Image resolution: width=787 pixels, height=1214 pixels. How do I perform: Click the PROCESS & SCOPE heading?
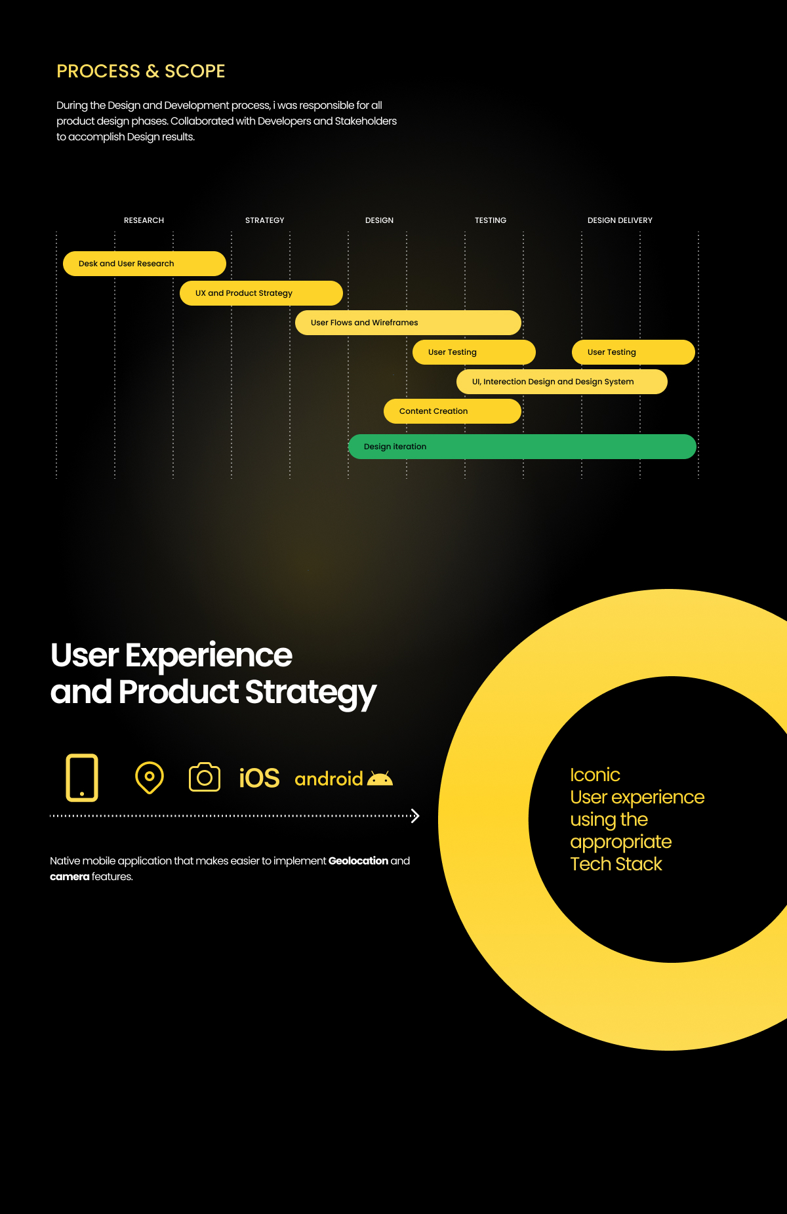click(x=141, y=71)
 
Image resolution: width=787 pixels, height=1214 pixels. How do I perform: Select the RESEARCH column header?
click(x=144, y=220)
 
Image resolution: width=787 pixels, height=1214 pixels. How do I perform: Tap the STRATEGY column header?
click(x=265, y=220)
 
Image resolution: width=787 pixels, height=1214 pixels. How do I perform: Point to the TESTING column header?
click(x=491, y=220)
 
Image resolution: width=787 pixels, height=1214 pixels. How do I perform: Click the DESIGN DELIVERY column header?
click(x=620, y=220)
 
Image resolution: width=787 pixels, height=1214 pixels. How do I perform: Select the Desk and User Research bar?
click(x=144, y=264)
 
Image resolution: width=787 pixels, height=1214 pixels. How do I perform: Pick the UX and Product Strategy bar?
click(x=261, y=293)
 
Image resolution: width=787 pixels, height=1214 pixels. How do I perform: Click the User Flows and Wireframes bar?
click(x=408, y=323)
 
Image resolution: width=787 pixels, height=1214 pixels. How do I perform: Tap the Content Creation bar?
click(x=453, y=411)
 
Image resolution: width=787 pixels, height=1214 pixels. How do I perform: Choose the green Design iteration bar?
click(x=522, y=447)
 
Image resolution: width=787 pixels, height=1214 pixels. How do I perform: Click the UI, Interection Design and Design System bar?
click(x=562, y=382)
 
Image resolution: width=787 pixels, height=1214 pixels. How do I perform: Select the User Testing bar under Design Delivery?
click(x=634, y=352)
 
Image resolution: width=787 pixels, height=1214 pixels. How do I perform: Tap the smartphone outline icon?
click(x=82, y=778)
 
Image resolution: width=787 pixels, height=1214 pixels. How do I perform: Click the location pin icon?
click(x=150, y=778)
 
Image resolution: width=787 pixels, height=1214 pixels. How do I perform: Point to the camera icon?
click(x=205, y=777)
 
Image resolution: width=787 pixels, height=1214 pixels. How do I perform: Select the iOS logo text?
click(x=259, y=779)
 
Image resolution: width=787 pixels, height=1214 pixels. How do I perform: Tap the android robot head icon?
click(x=380, y=779)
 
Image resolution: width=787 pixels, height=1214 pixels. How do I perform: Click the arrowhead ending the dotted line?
click(x=415, y=816)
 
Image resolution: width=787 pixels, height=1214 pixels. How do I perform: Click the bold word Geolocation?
click(x=358, y=860)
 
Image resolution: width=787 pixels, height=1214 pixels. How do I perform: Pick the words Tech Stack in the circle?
click(x=616, y=864)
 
